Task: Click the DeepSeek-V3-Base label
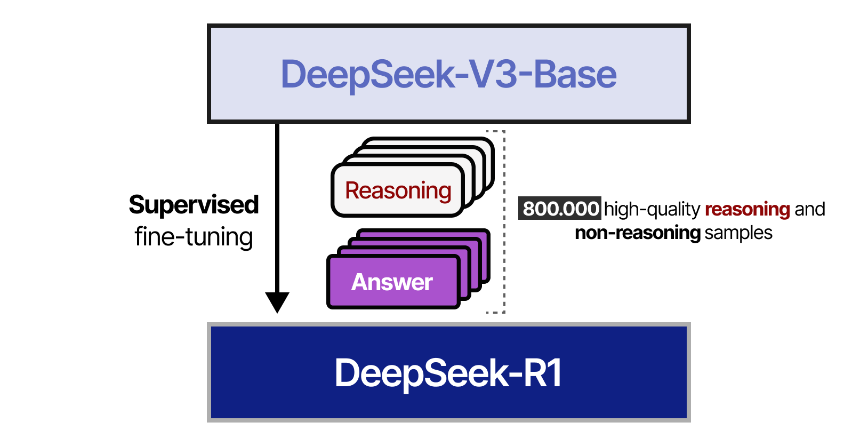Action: (448, 74)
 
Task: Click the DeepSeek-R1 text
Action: (448, 373)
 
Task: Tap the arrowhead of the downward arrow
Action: (277, 302)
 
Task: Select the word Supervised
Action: (194, 205)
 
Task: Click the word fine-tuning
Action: (194, 237)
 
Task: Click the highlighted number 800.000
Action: (560, 209)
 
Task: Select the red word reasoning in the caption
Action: (747, 209)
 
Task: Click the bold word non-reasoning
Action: (637, 233)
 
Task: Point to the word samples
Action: (738, 233)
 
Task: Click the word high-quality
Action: (652, 209)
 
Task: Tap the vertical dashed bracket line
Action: (504, 221)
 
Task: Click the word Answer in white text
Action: (392, 282)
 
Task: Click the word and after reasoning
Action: (809, 209)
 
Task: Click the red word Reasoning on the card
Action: (398, 190)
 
